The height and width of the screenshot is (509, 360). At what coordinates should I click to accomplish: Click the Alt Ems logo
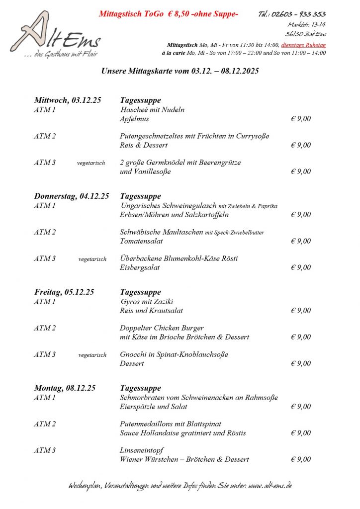coord(55,35)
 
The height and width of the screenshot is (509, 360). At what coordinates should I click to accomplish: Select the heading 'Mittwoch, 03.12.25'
coord(68,100)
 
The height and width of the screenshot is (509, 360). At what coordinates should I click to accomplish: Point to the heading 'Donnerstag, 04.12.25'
coord(72,196)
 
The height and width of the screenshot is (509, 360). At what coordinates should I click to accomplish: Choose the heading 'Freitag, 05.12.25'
coord(64,292)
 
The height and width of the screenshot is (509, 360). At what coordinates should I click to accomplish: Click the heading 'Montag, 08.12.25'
coord(65,388)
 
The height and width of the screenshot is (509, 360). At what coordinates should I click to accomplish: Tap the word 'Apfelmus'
coord(134,119)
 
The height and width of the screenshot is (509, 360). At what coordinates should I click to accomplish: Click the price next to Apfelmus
coord(301,119)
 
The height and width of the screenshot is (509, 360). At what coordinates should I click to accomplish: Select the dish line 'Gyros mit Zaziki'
coord(147,302)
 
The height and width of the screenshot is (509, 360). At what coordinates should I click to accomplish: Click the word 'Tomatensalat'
coord(141,241)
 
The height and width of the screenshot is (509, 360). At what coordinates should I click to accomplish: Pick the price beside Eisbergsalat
coord(301,268)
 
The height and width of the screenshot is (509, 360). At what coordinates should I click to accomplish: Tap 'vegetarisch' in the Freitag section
coord(92,355)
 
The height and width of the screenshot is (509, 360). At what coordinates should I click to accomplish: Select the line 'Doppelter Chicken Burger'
coord(162,328)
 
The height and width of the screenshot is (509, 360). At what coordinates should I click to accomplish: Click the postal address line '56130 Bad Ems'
coord(306,34)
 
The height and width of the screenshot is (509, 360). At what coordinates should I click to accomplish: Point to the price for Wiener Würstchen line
coord(301,460)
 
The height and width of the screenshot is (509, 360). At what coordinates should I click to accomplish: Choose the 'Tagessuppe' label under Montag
coord(140,388)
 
